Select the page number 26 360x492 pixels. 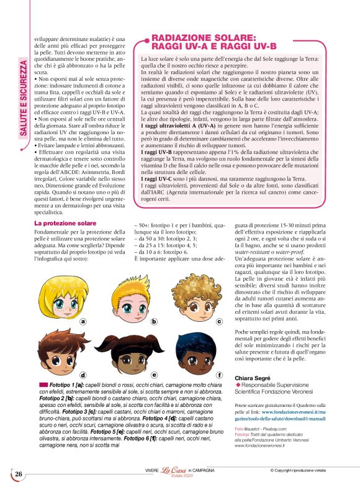tap(19, 474)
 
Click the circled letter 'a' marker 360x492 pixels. tap(82, 321)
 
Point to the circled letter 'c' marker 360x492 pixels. tap(218, 322)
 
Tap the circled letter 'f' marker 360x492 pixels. tap(218, 375)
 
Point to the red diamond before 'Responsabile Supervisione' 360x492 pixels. tap(237, 386)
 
